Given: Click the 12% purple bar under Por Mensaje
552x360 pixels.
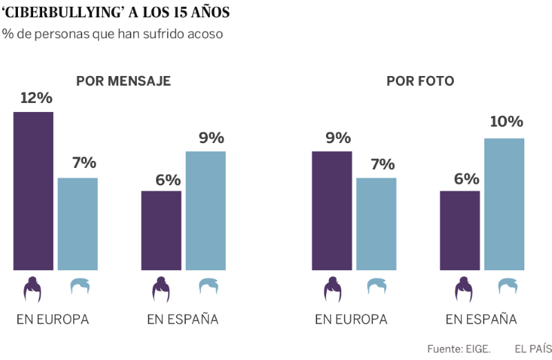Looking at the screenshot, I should [x=33, y=191].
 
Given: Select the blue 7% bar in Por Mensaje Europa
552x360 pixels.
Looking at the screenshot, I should [x=77, y=224].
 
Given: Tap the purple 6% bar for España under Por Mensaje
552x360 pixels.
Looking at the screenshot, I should [x=161, y=230].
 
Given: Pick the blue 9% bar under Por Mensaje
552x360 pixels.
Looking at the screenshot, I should [x=205, y=211].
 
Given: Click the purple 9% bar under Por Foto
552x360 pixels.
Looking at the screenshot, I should [x=332, y=211].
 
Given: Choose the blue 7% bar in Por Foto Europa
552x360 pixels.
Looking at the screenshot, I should [x=376, y=224].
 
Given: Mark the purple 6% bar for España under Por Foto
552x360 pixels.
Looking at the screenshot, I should [x=459, y=230].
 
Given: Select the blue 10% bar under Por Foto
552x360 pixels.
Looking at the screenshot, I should [x=504, y=204].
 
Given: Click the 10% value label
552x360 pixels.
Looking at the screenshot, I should [x=506, y=122].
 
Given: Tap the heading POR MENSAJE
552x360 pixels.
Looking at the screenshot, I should [x=124, y=82].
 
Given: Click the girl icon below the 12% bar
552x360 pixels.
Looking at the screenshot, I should [x=32, y=290].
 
